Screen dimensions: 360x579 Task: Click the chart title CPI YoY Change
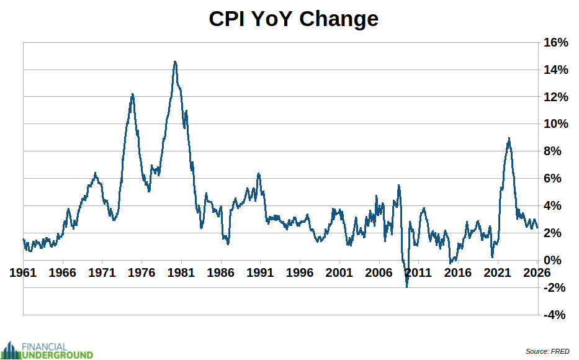[294, 19]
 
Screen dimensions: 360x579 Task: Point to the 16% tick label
[555, 43]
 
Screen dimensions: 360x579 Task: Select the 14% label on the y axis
[555, 70]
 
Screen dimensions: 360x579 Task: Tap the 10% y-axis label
[555, 124]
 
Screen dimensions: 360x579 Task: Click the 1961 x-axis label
[23, 272]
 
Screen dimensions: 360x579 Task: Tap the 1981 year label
[181, 272]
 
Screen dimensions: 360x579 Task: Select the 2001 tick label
[339, 272]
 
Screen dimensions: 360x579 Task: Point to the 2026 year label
[536, 272]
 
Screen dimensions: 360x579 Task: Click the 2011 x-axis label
[418, 272]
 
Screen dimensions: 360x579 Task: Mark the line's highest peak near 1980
[175, 61]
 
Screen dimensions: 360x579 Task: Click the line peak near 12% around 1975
[132, 94]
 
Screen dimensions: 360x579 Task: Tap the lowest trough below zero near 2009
[406, 286]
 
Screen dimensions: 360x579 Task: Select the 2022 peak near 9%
[509, 138]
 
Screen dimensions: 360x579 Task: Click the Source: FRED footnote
[547, 351]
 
